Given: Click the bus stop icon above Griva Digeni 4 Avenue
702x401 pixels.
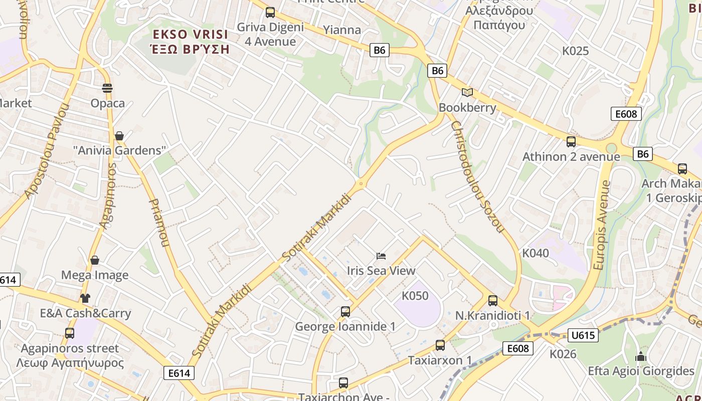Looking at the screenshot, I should point(270,13).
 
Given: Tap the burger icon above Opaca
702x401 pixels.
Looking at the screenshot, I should point(107,88).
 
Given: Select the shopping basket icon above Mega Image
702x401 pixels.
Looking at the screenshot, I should point(95,260).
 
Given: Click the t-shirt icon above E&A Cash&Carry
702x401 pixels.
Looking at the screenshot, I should point(85,298).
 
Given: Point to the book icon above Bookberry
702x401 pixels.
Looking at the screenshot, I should point(467,92).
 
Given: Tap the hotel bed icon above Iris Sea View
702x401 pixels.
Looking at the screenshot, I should point(381,256).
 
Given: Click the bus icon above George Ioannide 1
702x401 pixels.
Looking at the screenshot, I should point(345,312).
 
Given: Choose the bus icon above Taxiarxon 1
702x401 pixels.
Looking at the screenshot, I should point(440,345).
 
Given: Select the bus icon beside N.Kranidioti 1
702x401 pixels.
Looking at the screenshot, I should point(493,301).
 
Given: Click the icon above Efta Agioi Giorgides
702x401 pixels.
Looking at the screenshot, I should point(640,357).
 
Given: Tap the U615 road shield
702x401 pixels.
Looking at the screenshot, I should point(583,335).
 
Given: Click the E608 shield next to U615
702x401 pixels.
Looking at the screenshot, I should point(518,348).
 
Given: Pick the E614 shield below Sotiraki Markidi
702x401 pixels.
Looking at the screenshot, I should point(179,373).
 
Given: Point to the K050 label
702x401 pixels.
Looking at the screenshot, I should point(416,296).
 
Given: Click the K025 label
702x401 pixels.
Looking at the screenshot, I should point(575,51).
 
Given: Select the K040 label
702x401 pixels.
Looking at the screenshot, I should point(536,253).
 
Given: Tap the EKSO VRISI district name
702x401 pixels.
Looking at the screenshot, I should point(191,35).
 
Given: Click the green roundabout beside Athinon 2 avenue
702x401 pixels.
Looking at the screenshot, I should point(611,148).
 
